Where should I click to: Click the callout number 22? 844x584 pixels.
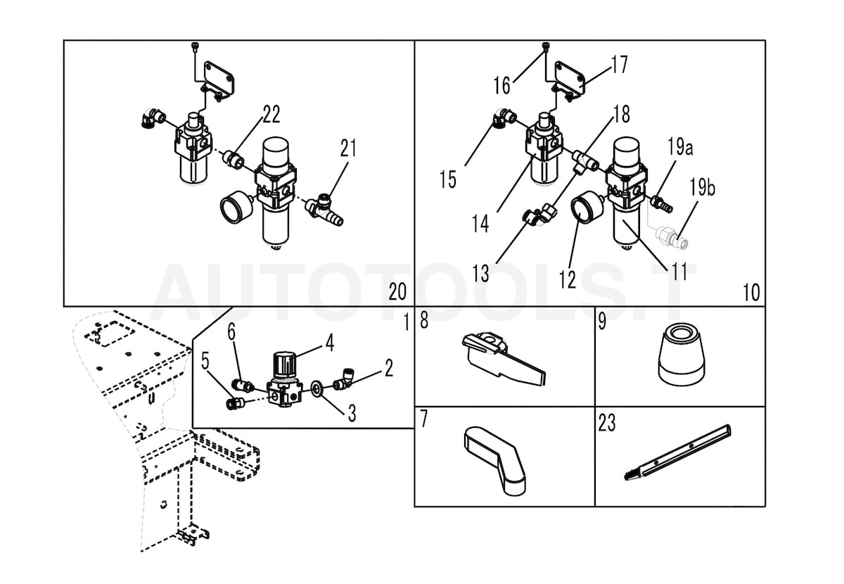coord(271,115)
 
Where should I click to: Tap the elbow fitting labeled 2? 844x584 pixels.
coord(343,382)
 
